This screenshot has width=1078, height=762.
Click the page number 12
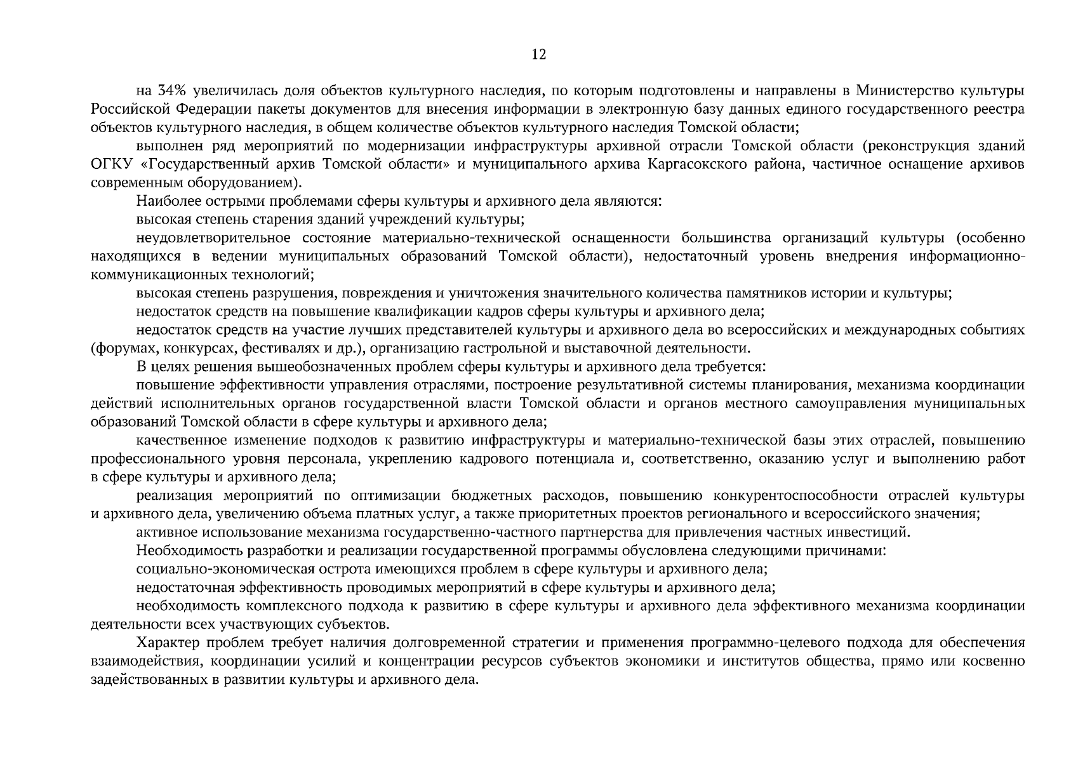(x=538, y=55)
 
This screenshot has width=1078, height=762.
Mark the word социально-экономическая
(x=218, y=570)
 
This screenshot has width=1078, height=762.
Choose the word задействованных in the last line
(x=141, y=680)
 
